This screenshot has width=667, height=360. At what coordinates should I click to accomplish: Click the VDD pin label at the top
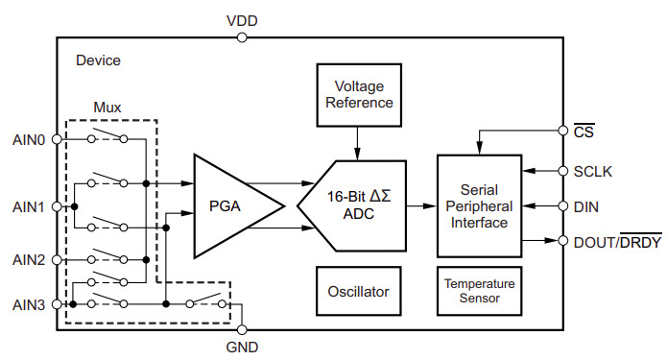(242, 19)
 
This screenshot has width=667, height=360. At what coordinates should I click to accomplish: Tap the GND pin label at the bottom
(242, 347)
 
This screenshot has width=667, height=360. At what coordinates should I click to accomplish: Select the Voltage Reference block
(356, 94)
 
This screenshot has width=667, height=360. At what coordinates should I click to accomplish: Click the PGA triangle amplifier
(230, 205)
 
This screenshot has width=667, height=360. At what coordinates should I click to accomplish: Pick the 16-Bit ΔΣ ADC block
(349, 204)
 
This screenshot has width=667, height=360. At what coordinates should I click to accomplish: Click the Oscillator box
(356, 290)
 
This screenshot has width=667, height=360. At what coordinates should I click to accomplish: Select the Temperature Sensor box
(478, 291)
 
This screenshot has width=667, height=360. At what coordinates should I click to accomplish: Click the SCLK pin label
(594, 172)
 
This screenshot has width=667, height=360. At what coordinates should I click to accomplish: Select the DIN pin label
(586, 205)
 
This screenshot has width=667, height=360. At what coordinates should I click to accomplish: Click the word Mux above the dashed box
(107, 106)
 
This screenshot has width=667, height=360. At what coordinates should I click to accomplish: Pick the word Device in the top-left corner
(98, 60)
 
